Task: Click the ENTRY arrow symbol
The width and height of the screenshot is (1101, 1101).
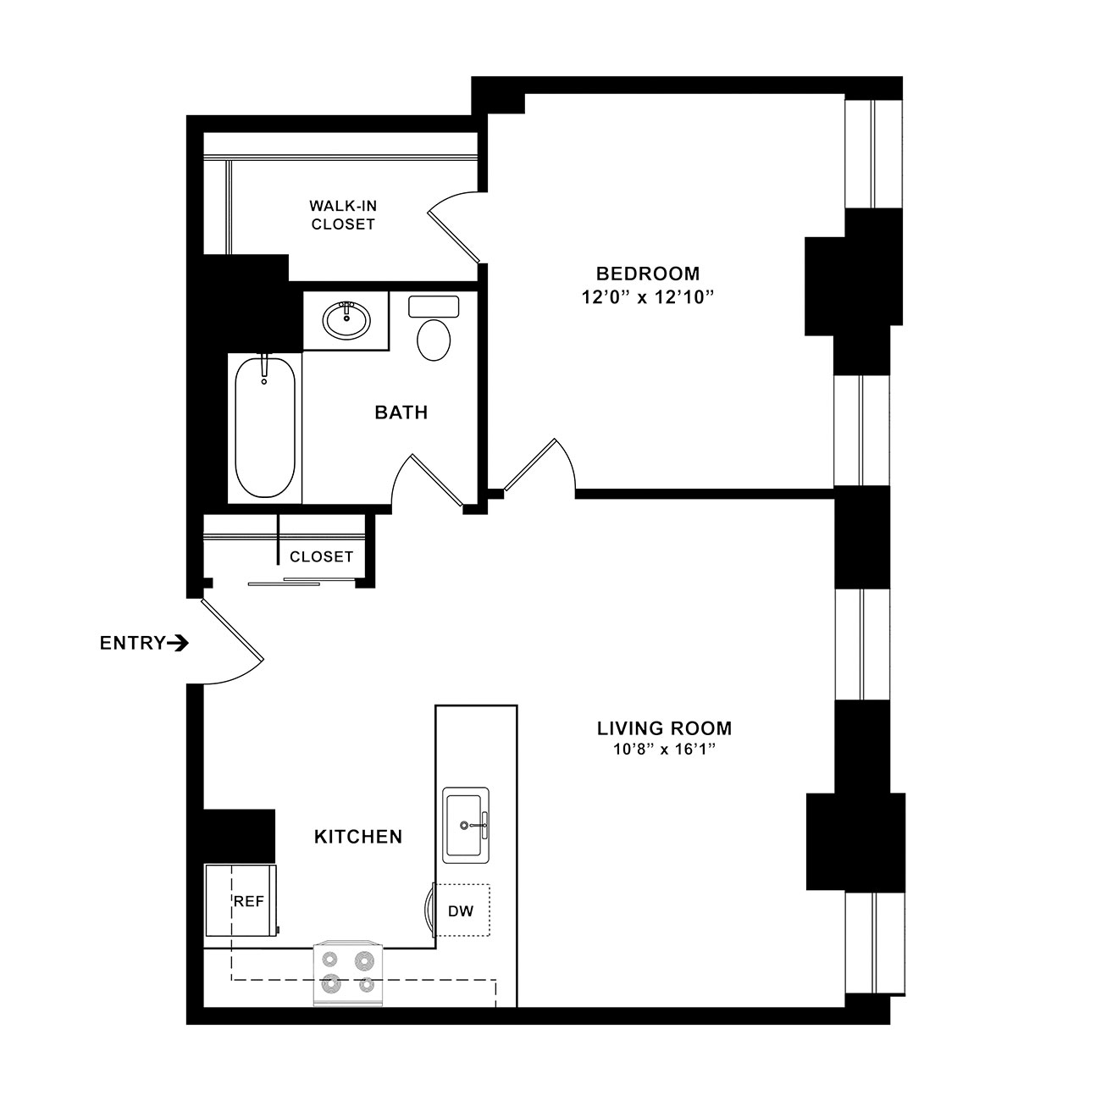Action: pos(178,644)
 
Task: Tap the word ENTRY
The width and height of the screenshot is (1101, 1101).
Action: pos(133,644)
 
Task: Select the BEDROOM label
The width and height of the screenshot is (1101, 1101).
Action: pos(648,274)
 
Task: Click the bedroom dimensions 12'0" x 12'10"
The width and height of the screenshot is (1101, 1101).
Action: pos(648,297)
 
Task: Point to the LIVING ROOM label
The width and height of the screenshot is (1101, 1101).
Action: pos(665,728)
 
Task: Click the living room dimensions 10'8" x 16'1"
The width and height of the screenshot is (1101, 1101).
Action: pos(665,749)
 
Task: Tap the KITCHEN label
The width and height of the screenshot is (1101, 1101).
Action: pos(358,837)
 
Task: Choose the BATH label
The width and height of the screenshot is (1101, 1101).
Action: pos(401,412)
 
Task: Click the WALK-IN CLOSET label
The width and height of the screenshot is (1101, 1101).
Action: pos(343,215)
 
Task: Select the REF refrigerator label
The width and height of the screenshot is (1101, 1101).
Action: pos(249,901)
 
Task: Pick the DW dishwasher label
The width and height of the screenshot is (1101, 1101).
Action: pos(461,911)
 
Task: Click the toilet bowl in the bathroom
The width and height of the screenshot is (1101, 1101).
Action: pos(434,340)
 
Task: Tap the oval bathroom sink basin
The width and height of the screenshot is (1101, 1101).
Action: pos(346,320)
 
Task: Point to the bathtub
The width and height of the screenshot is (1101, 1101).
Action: pos(264,428)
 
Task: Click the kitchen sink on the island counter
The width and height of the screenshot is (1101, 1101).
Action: pos(466,825)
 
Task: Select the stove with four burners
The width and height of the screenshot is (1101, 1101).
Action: pos(349,973)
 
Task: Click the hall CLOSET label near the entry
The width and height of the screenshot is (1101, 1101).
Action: pos(322,556)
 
